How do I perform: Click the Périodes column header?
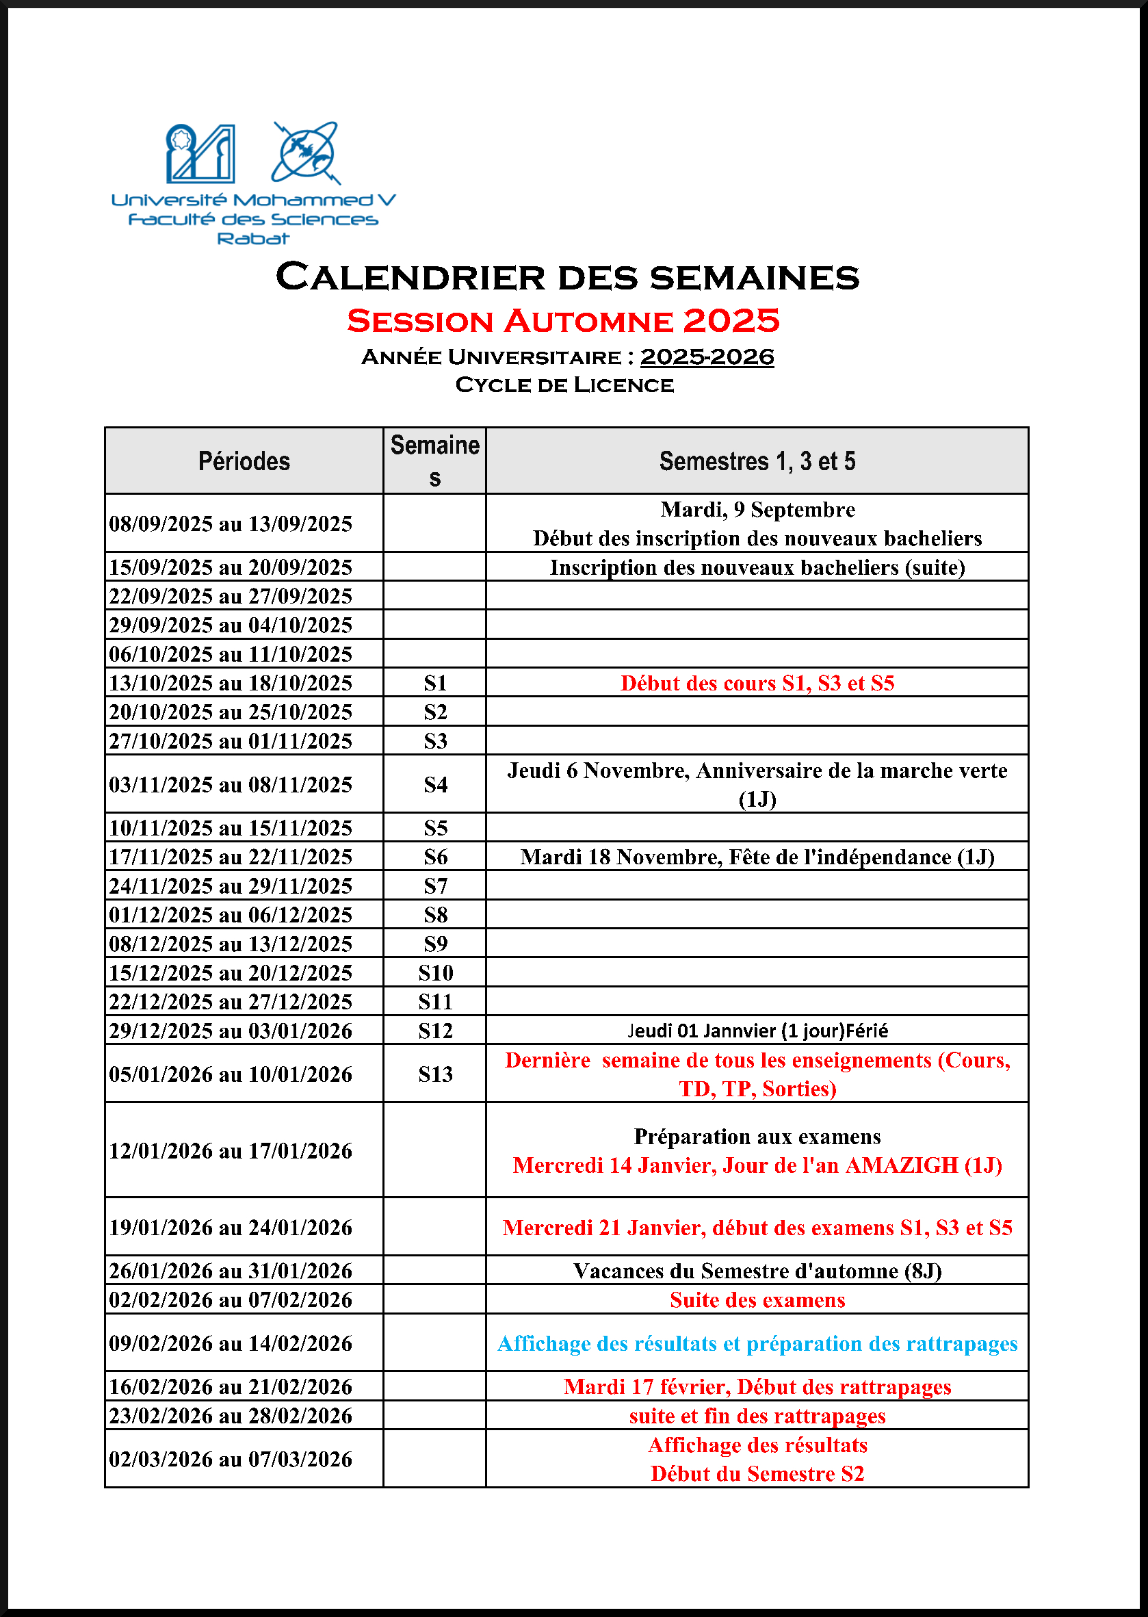coord(244,461)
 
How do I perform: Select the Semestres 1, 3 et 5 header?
coord(757,461)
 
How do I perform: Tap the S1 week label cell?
coord(434,683)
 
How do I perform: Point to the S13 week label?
coord(434,1074)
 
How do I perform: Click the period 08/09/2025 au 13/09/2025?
coord(231,524)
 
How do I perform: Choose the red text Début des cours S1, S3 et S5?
coord(757,683)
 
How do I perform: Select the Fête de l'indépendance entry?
coord(757,857)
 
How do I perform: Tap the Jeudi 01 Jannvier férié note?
coord(757,1031)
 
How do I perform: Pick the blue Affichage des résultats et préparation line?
coord(757,1343)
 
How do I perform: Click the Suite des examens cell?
coord(757,1300)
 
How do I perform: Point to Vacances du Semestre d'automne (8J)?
coord(757,1271)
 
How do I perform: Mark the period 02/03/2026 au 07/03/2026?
coord(231,1460)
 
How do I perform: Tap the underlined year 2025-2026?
coord(706,357)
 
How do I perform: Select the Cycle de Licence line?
coord(564,385)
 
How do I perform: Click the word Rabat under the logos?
coord(253,239)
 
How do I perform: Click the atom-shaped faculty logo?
coord(306,153)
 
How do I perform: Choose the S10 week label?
coord(434,973)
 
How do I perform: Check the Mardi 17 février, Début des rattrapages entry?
coord(757,1387)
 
